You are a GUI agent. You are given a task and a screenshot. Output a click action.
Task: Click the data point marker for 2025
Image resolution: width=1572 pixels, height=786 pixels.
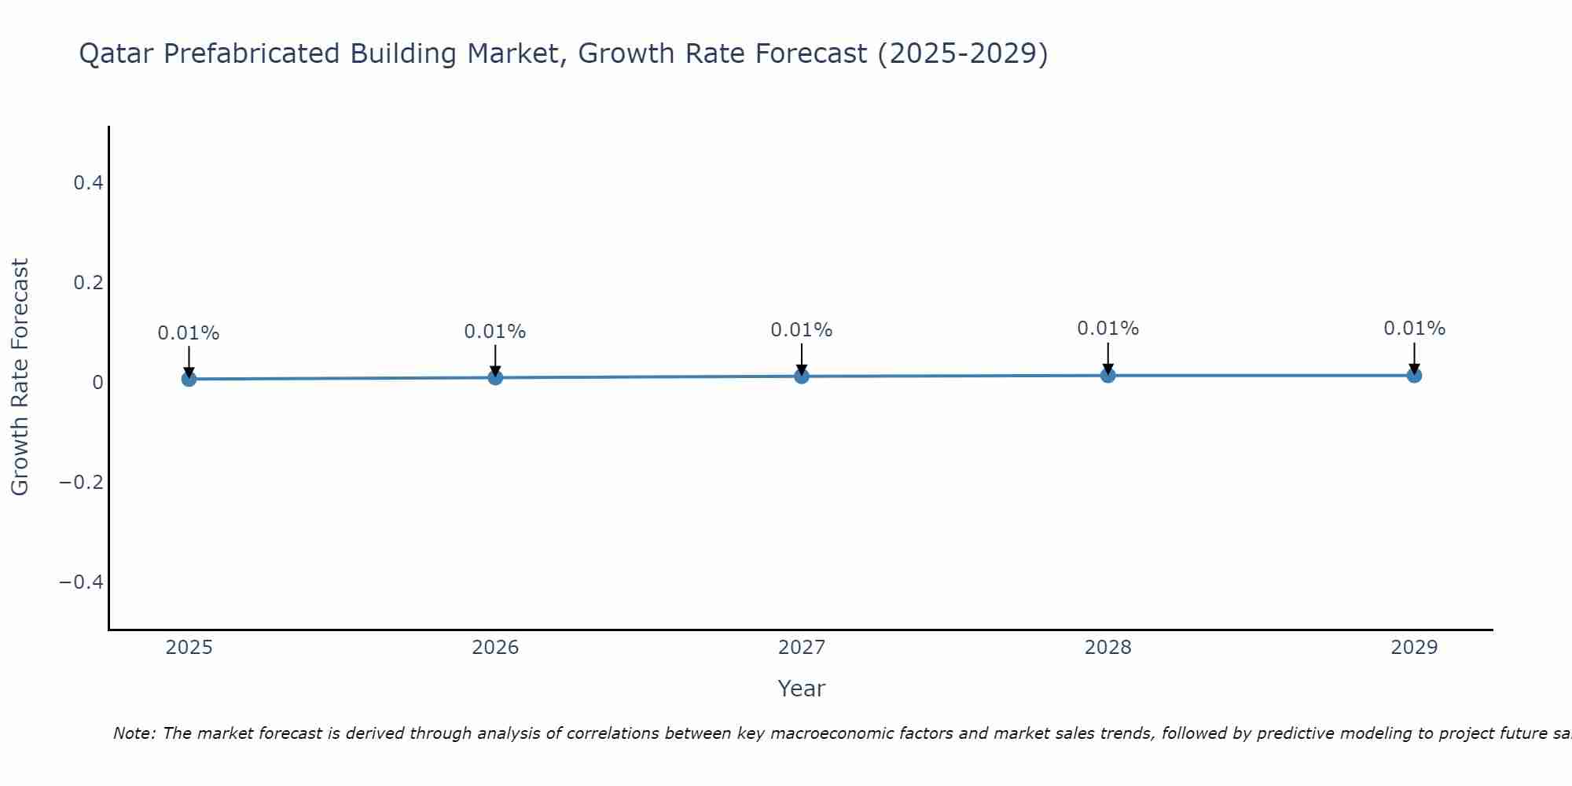(189, 379)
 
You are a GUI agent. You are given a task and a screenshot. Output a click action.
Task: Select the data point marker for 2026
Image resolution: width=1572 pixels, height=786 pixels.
(495, 377)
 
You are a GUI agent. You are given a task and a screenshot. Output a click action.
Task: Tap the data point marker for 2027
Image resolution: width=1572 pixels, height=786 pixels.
(802, 376)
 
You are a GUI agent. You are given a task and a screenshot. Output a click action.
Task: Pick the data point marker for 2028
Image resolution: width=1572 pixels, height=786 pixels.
(1107, 376)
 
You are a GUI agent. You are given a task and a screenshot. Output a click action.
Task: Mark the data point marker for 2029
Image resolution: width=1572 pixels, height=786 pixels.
(1414, 376)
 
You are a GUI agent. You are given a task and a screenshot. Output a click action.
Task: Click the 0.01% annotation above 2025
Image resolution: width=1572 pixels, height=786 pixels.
(189, 333)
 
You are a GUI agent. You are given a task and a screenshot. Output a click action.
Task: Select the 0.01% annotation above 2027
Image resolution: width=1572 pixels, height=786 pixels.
(802, 330)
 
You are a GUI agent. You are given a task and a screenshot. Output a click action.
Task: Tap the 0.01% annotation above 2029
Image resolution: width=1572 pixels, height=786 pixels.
(1414, 329)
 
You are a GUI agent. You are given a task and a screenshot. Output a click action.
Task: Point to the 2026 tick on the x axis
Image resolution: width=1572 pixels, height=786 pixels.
(495, 648)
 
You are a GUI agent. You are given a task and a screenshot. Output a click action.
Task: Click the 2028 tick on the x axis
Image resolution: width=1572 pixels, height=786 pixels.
(1107, 648)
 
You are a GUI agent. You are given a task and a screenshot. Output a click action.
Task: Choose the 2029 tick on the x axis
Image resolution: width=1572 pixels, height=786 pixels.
(1414, 648)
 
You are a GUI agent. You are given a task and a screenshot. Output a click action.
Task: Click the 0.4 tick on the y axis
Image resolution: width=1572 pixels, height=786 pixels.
(88, 183)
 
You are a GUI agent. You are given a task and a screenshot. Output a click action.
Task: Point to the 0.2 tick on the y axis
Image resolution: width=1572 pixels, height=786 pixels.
(88, 283)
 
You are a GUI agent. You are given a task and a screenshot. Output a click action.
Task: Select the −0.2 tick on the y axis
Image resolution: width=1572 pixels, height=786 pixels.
(82, 482)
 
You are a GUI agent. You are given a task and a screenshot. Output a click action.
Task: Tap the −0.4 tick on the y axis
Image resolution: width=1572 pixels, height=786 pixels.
(82, 582)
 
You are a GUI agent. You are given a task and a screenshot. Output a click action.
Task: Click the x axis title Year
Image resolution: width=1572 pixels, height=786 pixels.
(801, 689)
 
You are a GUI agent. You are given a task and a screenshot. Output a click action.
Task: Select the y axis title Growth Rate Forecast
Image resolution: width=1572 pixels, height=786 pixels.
(20, 377)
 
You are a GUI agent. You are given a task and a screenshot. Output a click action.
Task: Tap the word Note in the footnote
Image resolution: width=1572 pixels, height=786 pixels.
(134, 733)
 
